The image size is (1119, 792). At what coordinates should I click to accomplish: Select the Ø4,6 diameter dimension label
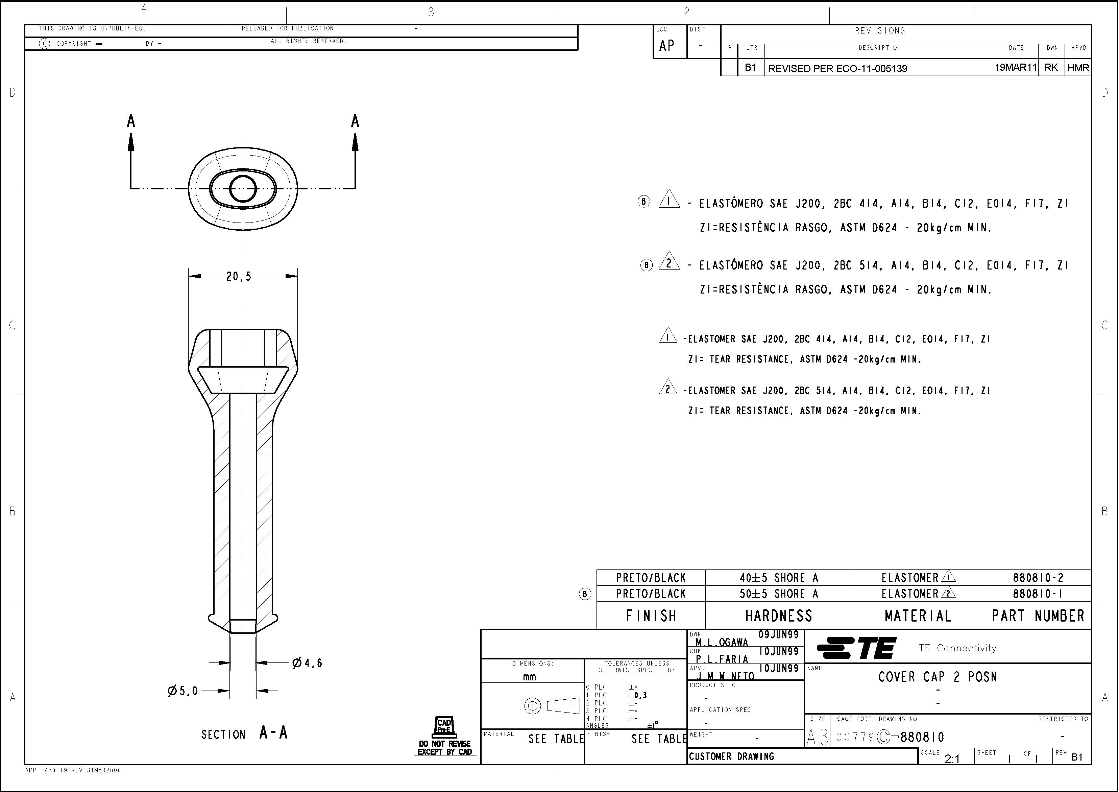(x=307, y=663)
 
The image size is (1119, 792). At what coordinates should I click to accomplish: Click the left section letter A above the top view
(x=130, y=121)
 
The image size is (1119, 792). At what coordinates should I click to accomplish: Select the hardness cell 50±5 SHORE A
(x=778, y=594)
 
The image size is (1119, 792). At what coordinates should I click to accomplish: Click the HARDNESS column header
(x=778, y=616)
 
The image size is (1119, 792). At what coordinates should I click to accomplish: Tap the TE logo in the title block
(x=856, y=648)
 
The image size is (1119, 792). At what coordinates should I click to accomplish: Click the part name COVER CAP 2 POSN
(x=937, y=677)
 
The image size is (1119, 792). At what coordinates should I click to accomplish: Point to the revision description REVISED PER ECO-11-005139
(x=837, y=68)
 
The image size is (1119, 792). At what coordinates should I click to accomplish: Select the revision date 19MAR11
(x=1015, y=67)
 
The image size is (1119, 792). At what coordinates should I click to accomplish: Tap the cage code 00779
(x=855, y=737)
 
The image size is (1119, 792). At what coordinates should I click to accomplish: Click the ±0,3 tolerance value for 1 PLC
(x=638, y=695)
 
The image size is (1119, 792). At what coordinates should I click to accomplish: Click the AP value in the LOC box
(x=667, y=46)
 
